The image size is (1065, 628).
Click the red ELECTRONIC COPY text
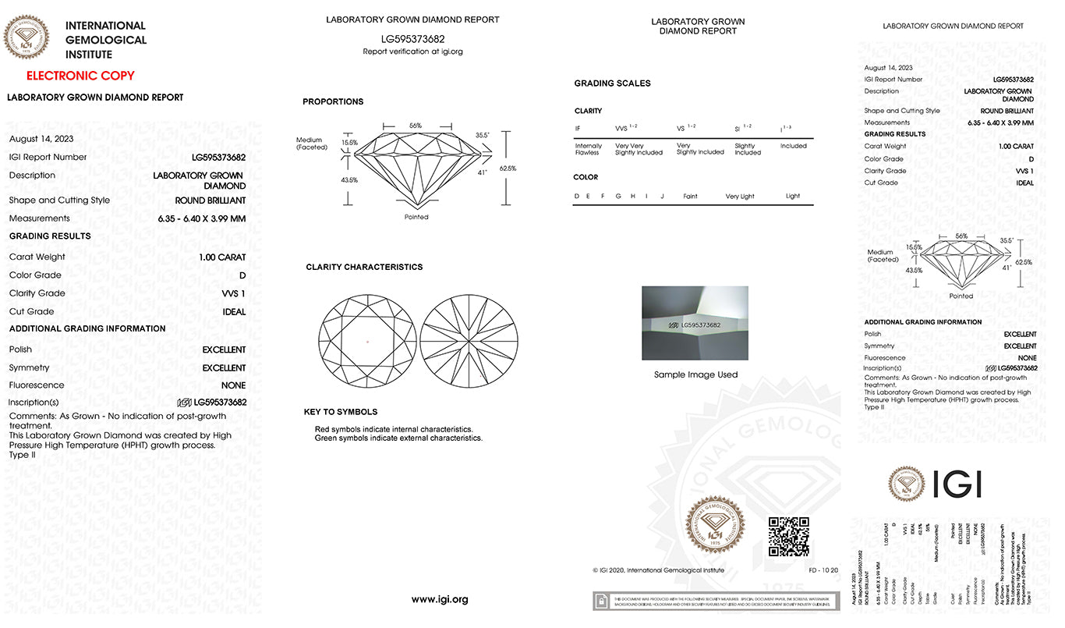point(80,76)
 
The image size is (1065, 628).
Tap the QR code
point(788,536)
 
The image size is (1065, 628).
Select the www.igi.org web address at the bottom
point(440,599)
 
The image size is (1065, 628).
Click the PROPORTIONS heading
point(333,101)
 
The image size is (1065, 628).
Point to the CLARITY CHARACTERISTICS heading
point(364,267)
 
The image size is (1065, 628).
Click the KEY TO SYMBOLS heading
point(341,412)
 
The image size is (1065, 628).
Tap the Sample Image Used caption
point(695,374)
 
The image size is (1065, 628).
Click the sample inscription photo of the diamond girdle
point(694,323)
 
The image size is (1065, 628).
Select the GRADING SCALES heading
point(612,83)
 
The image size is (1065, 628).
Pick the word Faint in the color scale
point(690,197)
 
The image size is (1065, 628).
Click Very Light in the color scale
point(740,197)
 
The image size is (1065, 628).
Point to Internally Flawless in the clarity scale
point(588,149)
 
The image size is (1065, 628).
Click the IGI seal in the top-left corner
point(27,37)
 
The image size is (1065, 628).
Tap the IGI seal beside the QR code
point(714,527)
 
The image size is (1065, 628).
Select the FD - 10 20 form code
point(823,570)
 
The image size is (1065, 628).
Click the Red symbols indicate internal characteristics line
point(394,429)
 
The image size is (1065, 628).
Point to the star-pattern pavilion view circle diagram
point(468,341)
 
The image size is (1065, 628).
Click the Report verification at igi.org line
point(412,51)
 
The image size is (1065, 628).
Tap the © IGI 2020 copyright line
point(657,570)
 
